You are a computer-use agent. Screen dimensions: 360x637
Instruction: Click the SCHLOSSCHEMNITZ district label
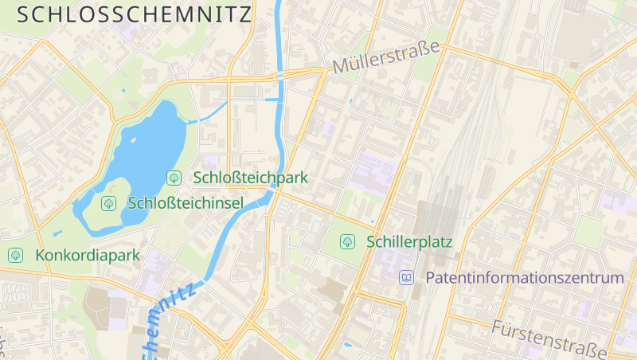pyautogui.click(x=134, y=14)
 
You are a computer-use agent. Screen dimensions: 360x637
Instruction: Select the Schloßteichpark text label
pyautogui.click(x=250, y=177)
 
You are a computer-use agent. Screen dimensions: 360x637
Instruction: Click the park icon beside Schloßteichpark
pyautogui.click(x=173, y=177)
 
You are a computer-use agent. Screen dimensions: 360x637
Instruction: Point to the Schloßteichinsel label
pyautogui.click(x=186, y=203)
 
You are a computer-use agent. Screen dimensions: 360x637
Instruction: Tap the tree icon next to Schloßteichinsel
pyautogui.click(x=108, y=203)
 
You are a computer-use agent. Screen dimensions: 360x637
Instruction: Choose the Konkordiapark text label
pyautogui.click(x=88, y=256)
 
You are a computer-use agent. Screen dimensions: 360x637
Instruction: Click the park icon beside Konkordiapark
pyautogui.click(x=15, y=256)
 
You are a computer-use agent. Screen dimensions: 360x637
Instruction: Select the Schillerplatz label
pyautogui.click(x=409, y=241)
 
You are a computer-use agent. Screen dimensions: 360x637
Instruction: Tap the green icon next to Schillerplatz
pyautogui.click(x=347, y=241)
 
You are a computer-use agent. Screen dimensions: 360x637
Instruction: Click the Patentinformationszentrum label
pyautogui.click(x=525, y=278)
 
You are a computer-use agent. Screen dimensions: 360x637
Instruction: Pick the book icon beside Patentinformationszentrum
pyautogui.click(x=407, y=278)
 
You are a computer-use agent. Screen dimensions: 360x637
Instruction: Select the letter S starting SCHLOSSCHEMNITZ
pyautogui.click(x=22, y=14)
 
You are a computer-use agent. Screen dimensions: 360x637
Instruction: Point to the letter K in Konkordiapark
pyautogui.click(x=40, y=256)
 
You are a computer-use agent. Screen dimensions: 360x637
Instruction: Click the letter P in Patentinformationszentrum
pyautogui.click(x=431, y=278)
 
